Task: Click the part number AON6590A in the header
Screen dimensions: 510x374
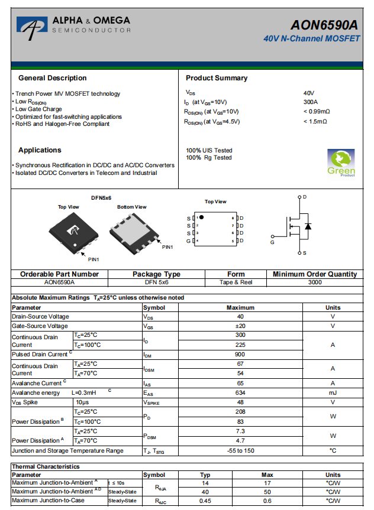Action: pyautogui.click(x=324, y=25)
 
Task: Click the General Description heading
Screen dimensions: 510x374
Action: pyautogui.click(x=52, y=78)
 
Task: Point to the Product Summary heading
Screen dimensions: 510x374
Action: pyautogui.click(x=217, y=78)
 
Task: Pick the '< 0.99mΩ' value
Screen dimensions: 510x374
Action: pyautogui.click(x=316, y=112)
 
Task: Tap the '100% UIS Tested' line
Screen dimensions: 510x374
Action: pyautogui.click(x=209, y=151)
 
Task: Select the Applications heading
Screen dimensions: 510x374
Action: pyautogui.click(x=40, y=150)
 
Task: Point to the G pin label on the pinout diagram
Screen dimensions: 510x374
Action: pyautogui.click(x=189, y=241)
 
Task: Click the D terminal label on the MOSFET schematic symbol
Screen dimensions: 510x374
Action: pyautogui.click(x=305, y=197)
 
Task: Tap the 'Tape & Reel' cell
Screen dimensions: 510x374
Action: pyautogui.click(x=236, y=282)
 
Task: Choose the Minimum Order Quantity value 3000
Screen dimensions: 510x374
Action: pyautogui.click(x=315, y=282)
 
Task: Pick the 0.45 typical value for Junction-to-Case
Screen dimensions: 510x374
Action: pyautogui.click(x=205, y=501)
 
